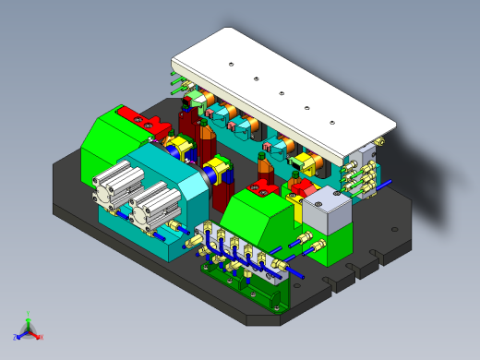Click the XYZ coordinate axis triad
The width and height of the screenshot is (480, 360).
click(x=28, y=329)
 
